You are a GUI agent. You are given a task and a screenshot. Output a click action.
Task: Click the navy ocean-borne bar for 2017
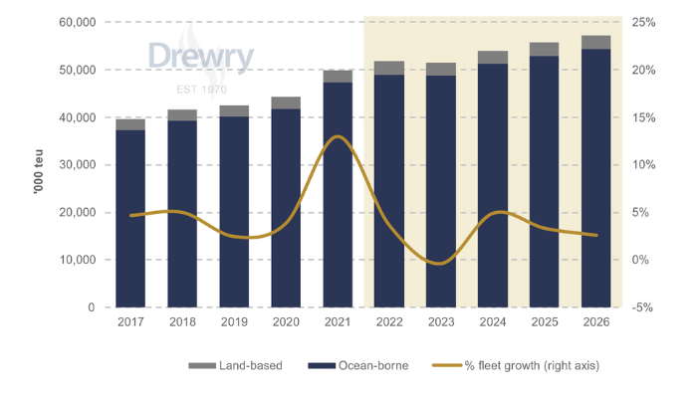(130, 219)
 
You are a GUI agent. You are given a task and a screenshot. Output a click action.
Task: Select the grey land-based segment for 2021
(338, 77)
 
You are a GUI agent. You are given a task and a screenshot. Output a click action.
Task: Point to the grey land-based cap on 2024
(493, 58)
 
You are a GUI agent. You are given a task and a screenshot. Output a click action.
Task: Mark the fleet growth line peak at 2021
(339, 136)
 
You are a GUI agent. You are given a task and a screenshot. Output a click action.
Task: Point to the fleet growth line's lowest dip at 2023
(441, 264)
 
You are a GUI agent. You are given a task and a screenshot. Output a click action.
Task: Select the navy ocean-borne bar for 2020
(286, 209)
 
